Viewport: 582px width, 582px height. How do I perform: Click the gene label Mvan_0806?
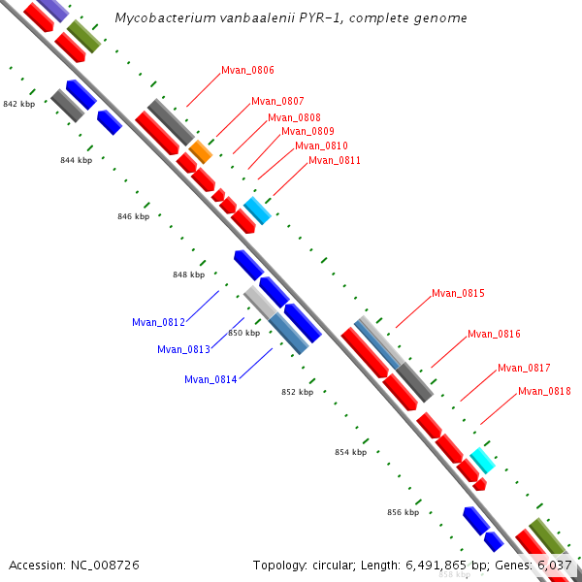coord(247,70)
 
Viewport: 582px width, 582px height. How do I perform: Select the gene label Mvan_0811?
coord(335,160)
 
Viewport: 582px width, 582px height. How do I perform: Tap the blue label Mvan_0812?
coord(158,322)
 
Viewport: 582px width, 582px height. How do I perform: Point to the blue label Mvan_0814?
coord(210,379)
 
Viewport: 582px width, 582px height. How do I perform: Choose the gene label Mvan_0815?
coord(458,293)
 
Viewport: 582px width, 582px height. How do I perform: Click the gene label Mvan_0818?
coord(544,391)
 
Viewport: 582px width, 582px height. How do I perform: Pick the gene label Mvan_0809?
coord(307,131)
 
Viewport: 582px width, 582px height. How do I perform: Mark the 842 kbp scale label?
coord(19,104)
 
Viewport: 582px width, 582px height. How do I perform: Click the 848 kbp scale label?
coord(188,275)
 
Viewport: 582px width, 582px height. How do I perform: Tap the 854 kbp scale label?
coord(351,452)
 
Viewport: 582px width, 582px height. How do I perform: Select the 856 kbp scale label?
coord(404,512)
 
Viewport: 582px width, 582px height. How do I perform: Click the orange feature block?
coord(201,152)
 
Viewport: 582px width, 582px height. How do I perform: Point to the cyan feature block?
coord(482,461)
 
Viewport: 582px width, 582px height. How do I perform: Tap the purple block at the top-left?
coord(53,10)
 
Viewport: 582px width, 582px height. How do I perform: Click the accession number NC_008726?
coord(105,566)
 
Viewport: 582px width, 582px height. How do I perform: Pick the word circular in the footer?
coord(333,566)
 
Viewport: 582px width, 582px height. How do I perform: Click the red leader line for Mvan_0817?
coord(478,386)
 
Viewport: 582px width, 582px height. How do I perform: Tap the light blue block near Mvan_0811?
coord(257,210)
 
